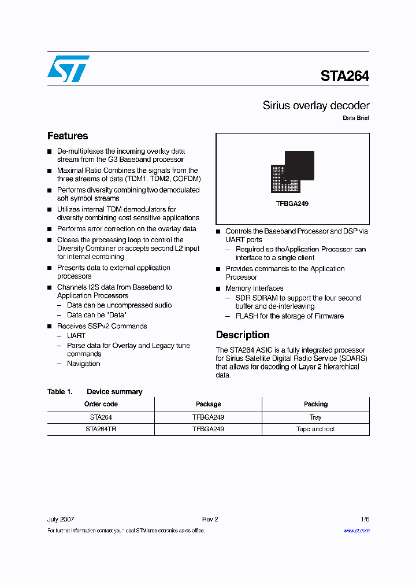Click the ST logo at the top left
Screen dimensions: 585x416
click(68, 69)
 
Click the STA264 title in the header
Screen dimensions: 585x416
click(344, 76)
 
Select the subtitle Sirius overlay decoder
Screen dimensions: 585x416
click(315, 106)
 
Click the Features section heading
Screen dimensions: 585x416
click(68, 136)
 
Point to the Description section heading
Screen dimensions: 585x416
click(242, 335)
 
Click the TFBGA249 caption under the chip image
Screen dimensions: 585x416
click(292, 203)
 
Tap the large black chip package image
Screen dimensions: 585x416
click(299, 166)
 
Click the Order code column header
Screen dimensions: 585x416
click(101, 404)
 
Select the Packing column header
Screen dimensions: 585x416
click(315, 404)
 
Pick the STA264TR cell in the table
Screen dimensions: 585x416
click(101, 430)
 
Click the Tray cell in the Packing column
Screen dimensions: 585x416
click(315, 417)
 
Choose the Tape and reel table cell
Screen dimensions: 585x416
click(315, 430)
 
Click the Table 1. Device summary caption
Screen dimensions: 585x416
click(95, 392)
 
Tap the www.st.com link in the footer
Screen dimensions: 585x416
click(356, 530)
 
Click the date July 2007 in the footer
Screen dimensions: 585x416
click(61, 519)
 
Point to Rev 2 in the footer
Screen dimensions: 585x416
click(210, 519)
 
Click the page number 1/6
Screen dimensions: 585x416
click(364, 519)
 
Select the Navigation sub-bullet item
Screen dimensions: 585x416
click(83, 364)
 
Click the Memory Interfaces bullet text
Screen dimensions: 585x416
click(254, 288)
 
